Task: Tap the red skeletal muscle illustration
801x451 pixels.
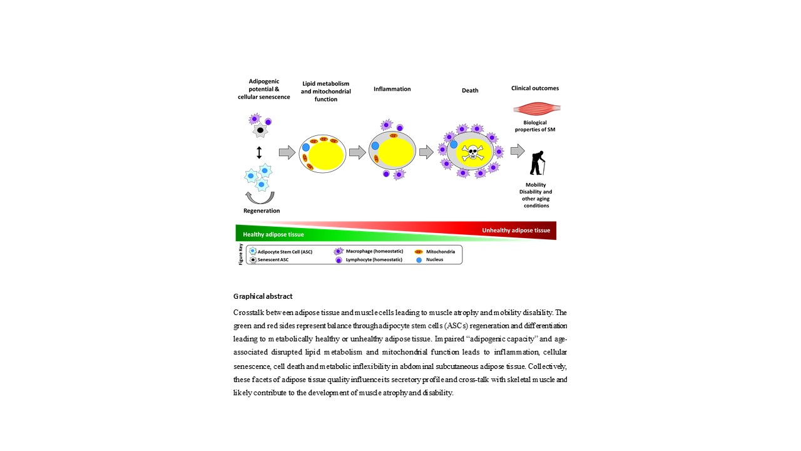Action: [536, 108]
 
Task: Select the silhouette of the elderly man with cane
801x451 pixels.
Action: [537, 163]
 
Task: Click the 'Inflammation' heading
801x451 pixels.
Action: [392, 89]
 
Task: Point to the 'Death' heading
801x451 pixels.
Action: [470, 90]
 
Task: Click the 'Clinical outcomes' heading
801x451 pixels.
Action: [535, 88]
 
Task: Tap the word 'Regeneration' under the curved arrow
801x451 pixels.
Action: [262, 211]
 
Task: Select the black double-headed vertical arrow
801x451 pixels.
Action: [259, 152]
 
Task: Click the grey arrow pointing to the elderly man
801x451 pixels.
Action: [518, 151]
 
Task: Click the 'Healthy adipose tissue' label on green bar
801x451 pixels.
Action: [273, 235]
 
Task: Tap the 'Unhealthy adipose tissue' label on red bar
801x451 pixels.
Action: [516, 231]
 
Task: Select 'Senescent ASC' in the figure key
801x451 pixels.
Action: [275, 259]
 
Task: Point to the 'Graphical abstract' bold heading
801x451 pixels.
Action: [263, 296]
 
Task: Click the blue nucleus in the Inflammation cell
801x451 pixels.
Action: [375, 146]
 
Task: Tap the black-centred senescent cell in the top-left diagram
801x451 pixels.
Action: [259, 131]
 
